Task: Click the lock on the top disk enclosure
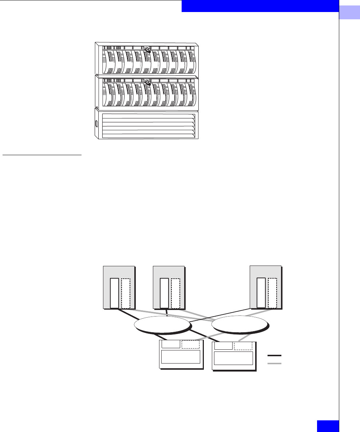[147, 49]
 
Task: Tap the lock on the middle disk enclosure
[147, 82]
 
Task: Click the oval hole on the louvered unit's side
[97, 123]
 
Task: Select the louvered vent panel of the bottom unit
[149, 126]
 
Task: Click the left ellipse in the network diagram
[162, 324]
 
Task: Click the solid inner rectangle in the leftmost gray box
[114, 293]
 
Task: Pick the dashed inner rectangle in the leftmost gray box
[126, 293]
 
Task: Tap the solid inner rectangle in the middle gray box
[164, 293]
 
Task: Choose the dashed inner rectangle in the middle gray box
[175, 293]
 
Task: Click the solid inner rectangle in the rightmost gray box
[261, 292]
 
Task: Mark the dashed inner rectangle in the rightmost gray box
[272, 292]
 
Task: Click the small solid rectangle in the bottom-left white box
[171, 344]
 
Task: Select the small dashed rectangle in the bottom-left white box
[191, 344]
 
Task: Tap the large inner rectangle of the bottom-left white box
[181, 357]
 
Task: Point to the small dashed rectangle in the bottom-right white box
[243, 346]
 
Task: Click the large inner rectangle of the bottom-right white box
[233, 358]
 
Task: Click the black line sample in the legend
[275, 356]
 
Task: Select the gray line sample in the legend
[275, 364]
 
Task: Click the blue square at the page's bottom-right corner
[328, 426]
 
